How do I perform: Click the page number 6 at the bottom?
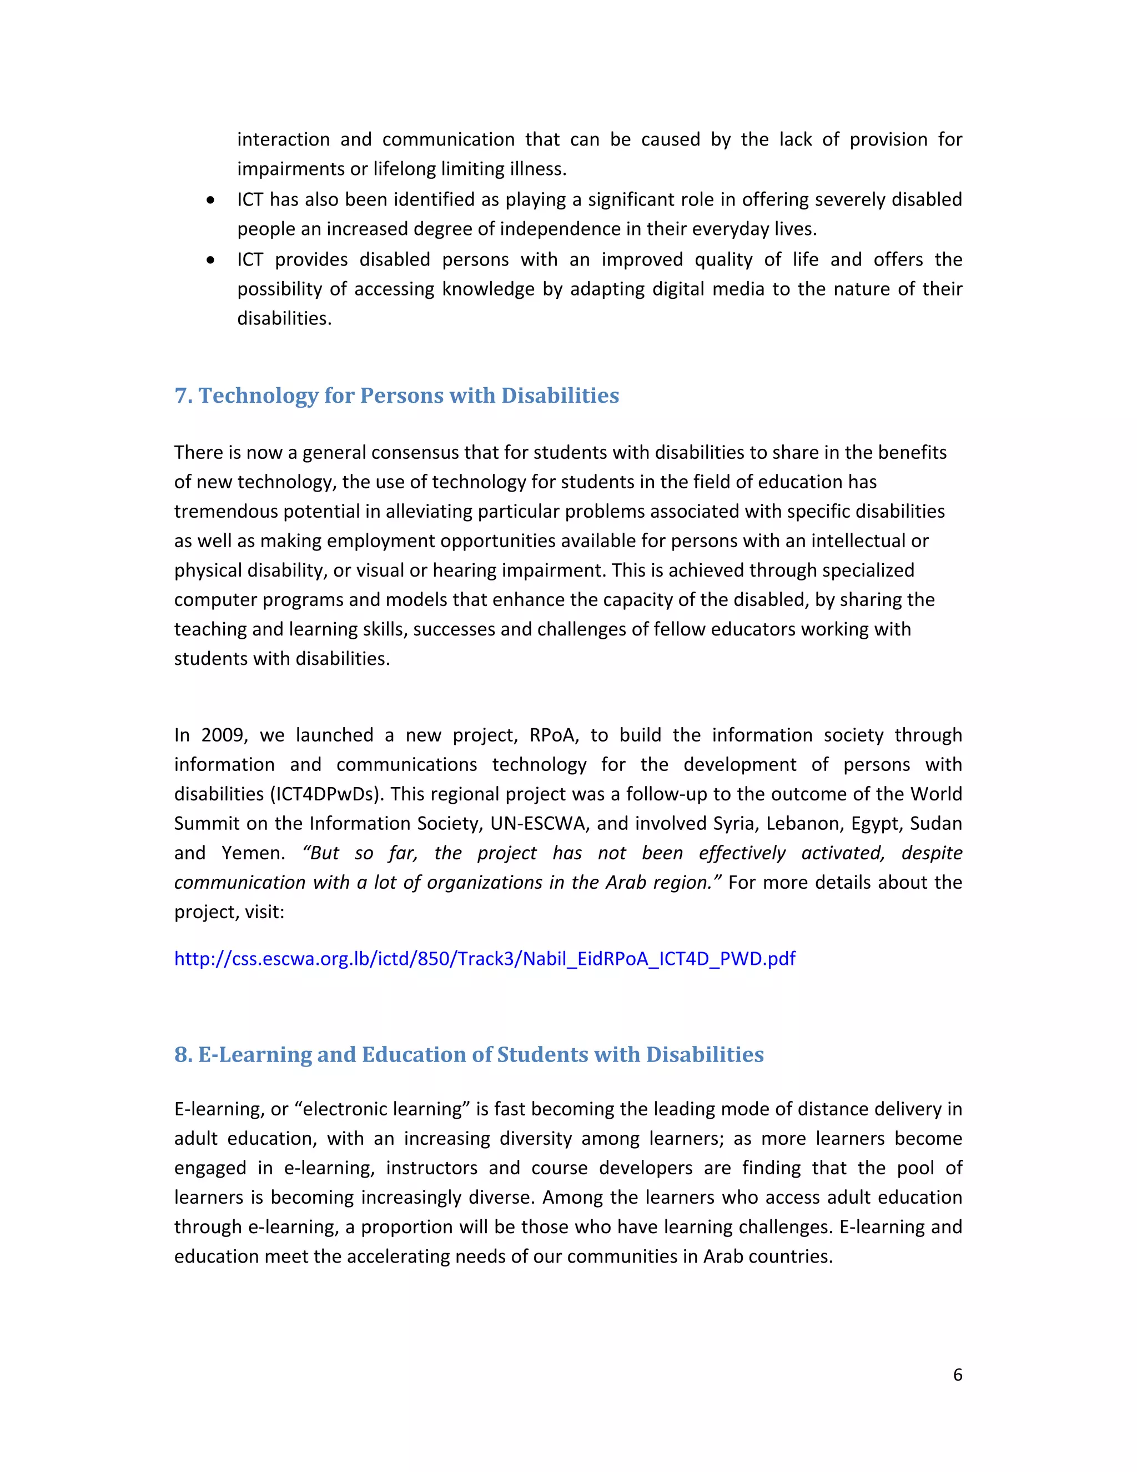click(x=957, y=1375)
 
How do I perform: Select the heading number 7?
click(x=182, y=395)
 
